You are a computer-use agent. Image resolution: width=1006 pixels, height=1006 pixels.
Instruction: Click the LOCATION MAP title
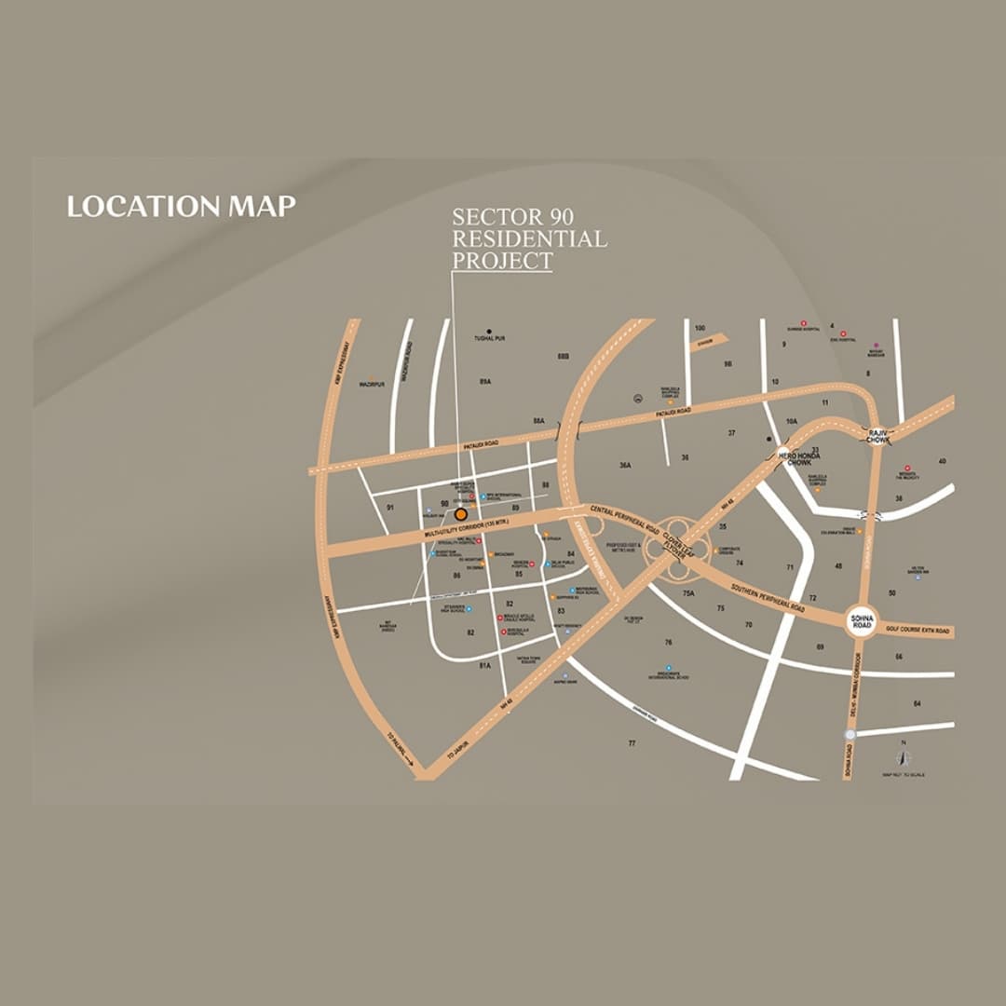pyautogui.click(x=181, y=206)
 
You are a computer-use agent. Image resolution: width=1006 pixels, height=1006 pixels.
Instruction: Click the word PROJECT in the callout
pyautogui.click(x=502, y=261)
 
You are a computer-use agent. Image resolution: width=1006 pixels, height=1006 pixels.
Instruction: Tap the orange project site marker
pyautogui.click(x=460, y=514)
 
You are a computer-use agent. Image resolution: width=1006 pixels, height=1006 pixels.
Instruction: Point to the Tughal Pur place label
pyautogui.click(x=488, y=338)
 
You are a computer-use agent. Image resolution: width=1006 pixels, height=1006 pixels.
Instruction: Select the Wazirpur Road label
pyautogui.click(x=406, y=363)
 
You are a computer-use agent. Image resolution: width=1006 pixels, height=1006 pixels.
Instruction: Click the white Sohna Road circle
pyautogui.click(x=862, y=622)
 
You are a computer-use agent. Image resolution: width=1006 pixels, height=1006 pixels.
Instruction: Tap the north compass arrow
pyautogui.click(x=902, y=757)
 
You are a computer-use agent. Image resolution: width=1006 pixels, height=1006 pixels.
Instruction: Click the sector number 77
pyautogui.click(x=632, y=743)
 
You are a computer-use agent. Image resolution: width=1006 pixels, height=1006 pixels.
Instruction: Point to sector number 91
pyautogui.click(x=390, y=507)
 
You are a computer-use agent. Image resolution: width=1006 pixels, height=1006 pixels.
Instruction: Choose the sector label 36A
pyautogui.click(x=625, y=465)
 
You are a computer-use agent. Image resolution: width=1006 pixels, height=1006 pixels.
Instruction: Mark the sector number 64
pyautogui.click(x=917, y=703)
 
